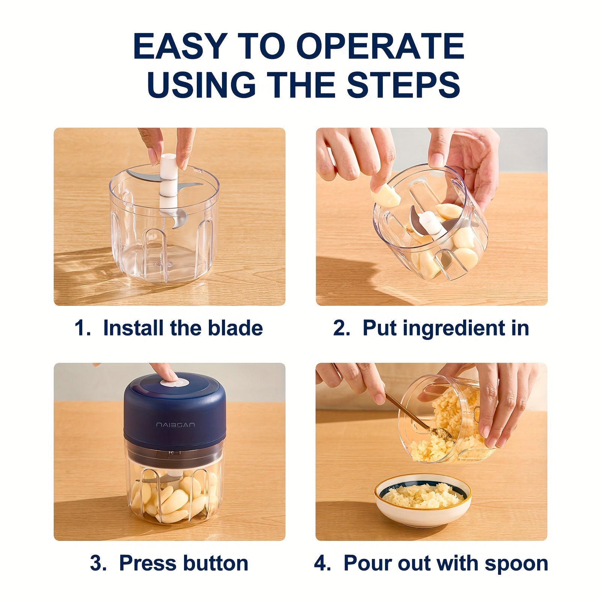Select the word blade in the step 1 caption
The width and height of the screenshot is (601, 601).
[235, 328]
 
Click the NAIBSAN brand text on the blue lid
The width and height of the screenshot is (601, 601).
[175, 425]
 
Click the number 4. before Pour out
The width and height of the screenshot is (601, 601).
[322, 563]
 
